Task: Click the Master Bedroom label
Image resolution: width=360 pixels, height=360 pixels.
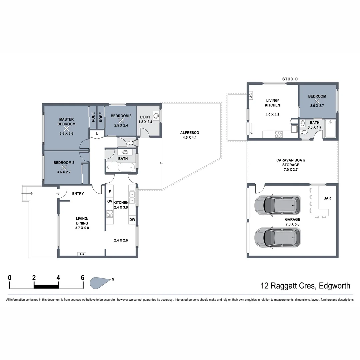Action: click(x=67, y=122)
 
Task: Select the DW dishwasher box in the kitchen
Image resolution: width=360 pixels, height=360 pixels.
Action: click(x=132, y=220)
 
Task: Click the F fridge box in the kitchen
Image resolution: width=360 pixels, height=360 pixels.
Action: click(x=110, y=192)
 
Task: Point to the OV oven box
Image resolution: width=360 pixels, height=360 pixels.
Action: click(x=110, y=201)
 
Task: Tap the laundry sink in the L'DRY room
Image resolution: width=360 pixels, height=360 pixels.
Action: click(x=156, y=116)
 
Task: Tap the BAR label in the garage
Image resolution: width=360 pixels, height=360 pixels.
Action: click(x=327, y=198)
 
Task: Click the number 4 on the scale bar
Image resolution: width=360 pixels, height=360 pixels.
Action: click(x=58, y=278)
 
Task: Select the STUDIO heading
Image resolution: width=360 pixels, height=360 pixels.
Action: click(x=290, y=79)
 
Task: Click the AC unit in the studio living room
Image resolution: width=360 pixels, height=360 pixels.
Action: click(x=251, y=95)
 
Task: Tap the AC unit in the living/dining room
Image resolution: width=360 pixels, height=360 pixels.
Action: click(x=81, y=254)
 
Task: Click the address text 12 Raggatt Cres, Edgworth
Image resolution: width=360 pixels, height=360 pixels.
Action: click(x=305, y=286)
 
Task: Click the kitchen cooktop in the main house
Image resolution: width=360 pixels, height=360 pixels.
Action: click(x=110, y=214)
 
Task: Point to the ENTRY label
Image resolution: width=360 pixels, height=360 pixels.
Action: click(x=78, y=194)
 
